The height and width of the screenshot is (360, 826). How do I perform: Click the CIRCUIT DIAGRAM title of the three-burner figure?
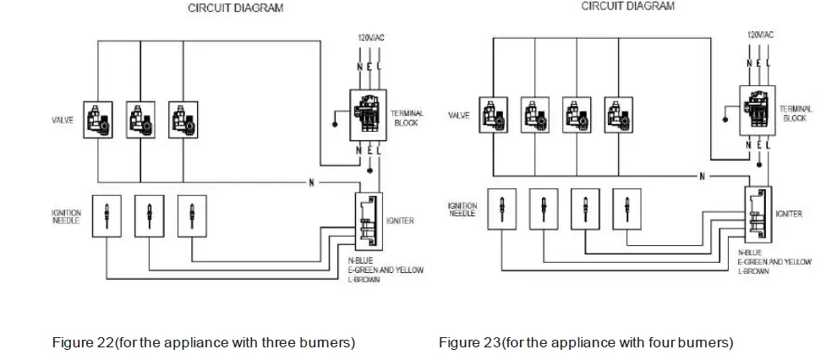click(x=235, y=8)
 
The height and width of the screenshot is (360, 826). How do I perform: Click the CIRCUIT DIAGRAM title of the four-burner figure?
click(x=627, y=6)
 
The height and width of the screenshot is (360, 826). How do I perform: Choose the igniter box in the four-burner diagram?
click(x=758, y=214)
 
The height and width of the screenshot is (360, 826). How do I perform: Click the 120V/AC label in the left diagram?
click(x=365, y=39)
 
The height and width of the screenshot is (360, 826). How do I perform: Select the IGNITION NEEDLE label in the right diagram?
click(x=462, y=209)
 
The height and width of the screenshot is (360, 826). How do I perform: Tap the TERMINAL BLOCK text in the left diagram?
click(x=409, y=117)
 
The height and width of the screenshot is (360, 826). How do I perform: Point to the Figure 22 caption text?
click(x=203, y=342)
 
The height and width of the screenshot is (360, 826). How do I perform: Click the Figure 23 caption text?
click(x=585, y=342)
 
